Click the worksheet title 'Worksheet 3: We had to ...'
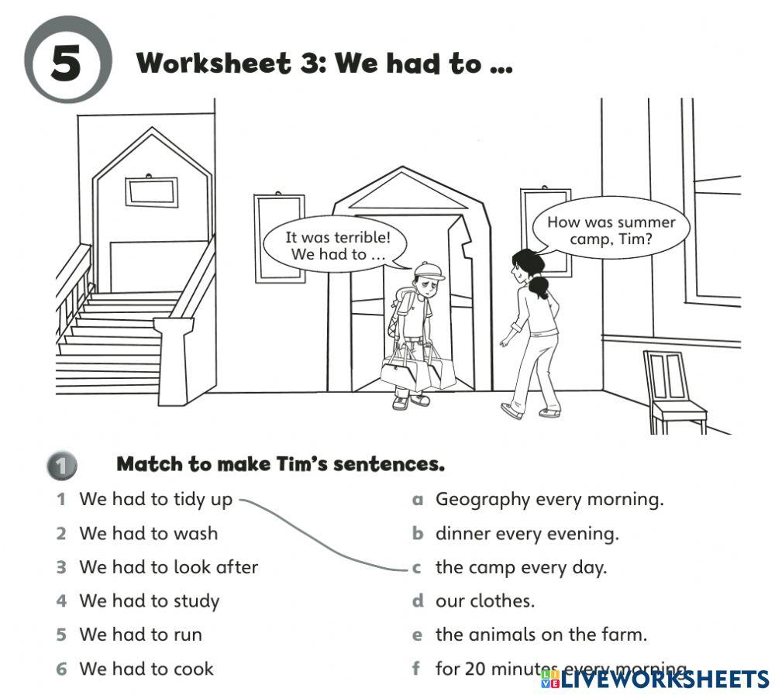(324, 64)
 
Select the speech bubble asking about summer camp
(611, 231)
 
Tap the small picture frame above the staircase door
(151, 191)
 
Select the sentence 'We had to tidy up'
(155, 500)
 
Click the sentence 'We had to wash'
(148, 534)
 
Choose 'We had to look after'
(168, 567)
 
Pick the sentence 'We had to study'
(149, 601)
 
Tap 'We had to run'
(140, 635)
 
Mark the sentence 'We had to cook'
(146, 669)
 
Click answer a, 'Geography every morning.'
(549, 500)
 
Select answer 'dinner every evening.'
(526, 534)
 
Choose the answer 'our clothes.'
(484, 601)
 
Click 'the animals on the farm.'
(540, 635)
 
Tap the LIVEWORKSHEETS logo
(655, 680)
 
